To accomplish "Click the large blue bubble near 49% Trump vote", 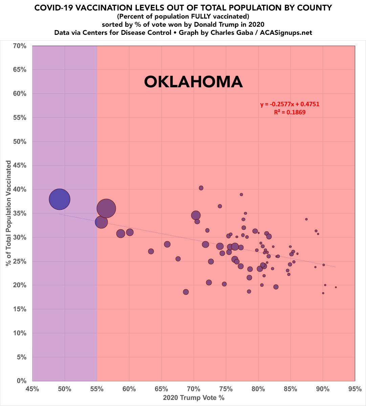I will pos(59,199).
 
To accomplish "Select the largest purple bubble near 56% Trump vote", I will pos(106,209).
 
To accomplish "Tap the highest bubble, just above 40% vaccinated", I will pos(201,188).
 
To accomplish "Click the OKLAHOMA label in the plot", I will pos(193,82).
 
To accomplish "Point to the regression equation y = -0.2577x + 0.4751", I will pos(289,104).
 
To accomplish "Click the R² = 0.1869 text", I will pos(289,112).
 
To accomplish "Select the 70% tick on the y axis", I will pos(19,46).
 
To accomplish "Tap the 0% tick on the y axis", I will pos(21,381).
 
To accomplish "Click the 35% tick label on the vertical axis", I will pos(19,213).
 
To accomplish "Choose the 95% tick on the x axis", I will pos(354,389).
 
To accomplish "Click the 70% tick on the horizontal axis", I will pos(193,389).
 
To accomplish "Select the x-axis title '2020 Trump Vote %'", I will pos(194,398).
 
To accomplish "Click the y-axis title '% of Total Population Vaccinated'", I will pos(8,213).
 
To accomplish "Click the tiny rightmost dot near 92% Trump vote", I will pos(336,287).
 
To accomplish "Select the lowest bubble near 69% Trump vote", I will pos(186,292).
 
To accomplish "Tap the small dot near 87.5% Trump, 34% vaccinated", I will pos(306,219).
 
